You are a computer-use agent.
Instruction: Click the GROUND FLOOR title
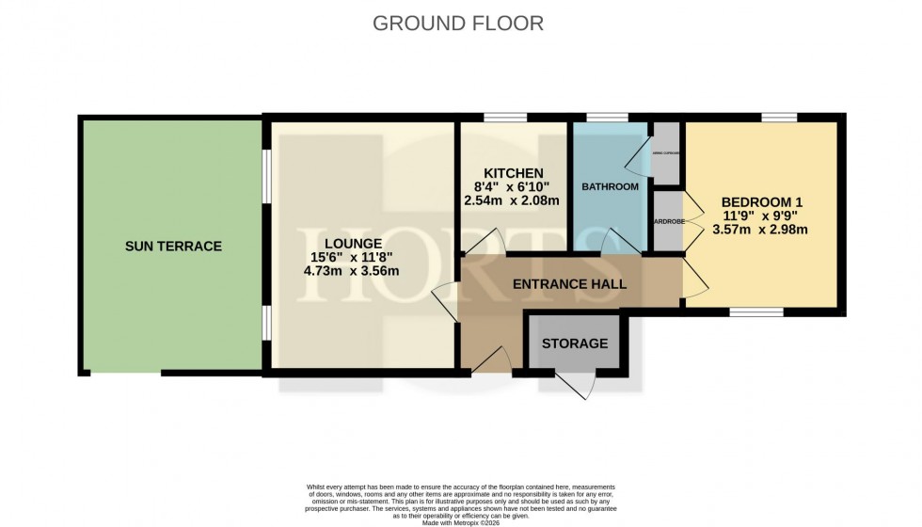click(x=458, y=23)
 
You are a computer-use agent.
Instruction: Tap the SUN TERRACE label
click(x=173, y=247)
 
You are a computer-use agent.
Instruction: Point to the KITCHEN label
click(x=513, y=173)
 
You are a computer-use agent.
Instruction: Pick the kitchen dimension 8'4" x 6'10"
click(x=513, y=186)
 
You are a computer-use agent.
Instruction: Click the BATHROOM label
click(x=610, y=187)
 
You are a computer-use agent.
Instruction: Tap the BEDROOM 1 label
click(x=763, y=202)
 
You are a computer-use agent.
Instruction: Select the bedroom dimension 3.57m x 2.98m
click(x=763, y=229)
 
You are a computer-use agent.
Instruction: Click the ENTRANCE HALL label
click(x=569, y=283)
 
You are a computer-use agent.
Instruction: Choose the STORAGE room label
click(x=575, y=343)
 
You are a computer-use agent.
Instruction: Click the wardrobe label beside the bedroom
click(x=669, y=222)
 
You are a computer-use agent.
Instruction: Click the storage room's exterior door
click(x=575, y=385)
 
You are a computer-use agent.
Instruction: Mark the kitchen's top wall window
click(x=505, y=118)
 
